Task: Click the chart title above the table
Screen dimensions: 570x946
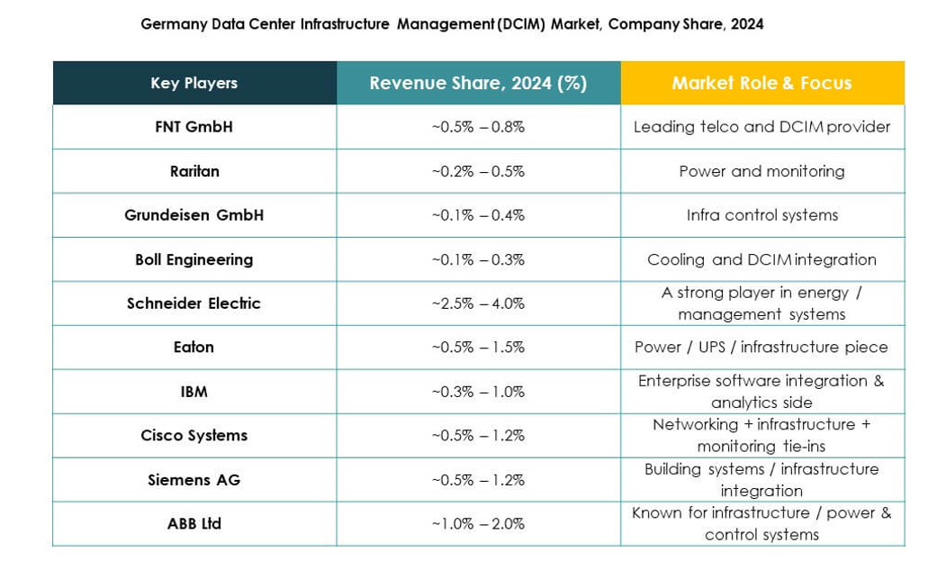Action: click(x=452, y=24)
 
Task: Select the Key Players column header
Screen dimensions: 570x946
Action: click(x=194, y=83)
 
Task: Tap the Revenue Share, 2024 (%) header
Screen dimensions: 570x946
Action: click(x=478, y=83)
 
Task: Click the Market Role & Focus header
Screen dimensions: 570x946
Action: click(x=761, y=83)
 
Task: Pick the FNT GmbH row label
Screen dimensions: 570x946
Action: click(x=194, y=127)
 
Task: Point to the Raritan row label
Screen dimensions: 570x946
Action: click(x=194, y=171)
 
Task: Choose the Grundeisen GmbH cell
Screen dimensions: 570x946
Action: click(x=194, y=215)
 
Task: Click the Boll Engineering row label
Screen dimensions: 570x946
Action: click(x=194, y=259)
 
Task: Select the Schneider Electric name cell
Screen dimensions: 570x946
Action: click(x=194, y=303)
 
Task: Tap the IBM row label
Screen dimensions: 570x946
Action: click(x=194, y=392)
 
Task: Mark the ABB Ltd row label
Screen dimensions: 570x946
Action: click(x=194, y=523)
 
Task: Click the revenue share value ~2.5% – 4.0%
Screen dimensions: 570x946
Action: click(x=478, y=303)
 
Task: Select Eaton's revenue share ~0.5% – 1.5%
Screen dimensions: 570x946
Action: click(x=478, y=347)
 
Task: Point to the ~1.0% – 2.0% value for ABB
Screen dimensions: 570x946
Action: click(x=478, y=523)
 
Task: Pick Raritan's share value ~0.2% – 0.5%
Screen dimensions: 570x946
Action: click(x=478, y=171)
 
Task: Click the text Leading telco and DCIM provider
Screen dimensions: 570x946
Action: click(x=761, y=127)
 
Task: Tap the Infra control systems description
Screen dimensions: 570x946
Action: click(x=761, y=215)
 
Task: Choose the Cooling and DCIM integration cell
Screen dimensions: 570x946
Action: click(x=761, y=259)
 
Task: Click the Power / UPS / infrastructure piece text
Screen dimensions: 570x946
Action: click(x=761, y=347)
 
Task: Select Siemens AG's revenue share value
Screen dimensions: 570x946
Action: click(x=478, y=480)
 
